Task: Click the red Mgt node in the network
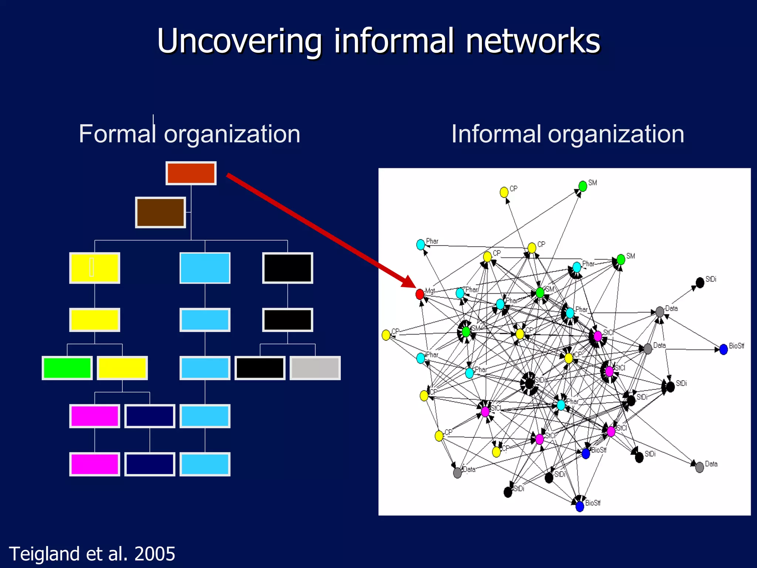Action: [x=420, y=294]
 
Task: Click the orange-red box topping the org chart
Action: [x=191, y=173]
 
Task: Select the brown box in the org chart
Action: [x=160, y=212]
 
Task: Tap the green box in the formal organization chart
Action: [x=67, y=368]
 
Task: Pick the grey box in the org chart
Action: [x=315, y=368]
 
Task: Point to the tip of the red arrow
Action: [x=415, y=287]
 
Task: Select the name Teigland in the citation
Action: [x=44, y=554]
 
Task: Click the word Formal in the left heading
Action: [x=117, y=134]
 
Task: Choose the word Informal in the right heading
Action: [x=496, y=134]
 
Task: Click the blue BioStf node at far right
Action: [x=723, y=349]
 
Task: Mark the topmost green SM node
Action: [x=583, y=186]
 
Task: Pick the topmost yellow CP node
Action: [x=504, y=192]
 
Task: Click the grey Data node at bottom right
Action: [x=699, y=467]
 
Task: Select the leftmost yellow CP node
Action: [x=386, y=335]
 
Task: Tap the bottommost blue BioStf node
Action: [x=580, y=506]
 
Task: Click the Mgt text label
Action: [x=430, y=291]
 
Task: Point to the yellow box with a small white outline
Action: [x=95, y=268]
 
